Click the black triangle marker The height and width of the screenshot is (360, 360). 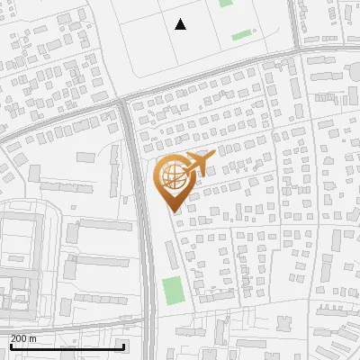click(180, 24)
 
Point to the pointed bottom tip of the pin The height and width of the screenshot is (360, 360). click(173, 212)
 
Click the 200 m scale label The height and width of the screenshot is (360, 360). click(23, 338)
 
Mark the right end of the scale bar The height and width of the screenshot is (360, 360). click(123, 346)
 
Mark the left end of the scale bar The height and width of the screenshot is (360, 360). click(11, 346)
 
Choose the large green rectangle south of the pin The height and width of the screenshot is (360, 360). click(173, 291)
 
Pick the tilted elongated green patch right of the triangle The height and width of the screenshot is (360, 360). click(242, 36)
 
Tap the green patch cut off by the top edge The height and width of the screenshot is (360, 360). click(225, 3)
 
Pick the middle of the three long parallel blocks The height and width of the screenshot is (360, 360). click(95, 267)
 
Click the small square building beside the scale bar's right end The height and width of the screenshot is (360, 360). click(134, 346)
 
